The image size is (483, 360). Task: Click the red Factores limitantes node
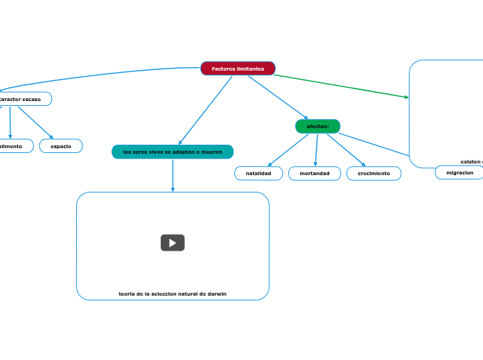click(238, 69)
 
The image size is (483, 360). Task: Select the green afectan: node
click(317, 126)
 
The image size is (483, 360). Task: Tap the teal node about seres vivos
click(173, 152)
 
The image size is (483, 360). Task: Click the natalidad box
click(258, 173)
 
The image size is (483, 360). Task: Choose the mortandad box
click(315, 173)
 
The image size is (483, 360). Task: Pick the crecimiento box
click(374, 173)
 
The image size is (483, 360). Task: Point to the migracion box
click(459, 172)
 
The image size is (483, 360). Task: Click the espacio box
click(61, 146)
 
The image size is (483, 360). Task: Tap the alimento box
click(12, 146)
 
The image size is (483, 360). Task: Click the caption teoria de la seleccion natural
click(173, 294)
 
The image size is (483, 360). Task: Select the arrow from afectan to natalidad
click(288, 150)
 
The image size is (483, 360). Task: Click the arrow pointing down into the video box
click(173, 176)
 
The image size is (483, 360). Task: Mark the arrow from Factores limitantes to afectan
click(277, 97)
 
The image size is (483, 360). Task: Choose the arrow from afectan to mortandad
click(316, 150)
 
